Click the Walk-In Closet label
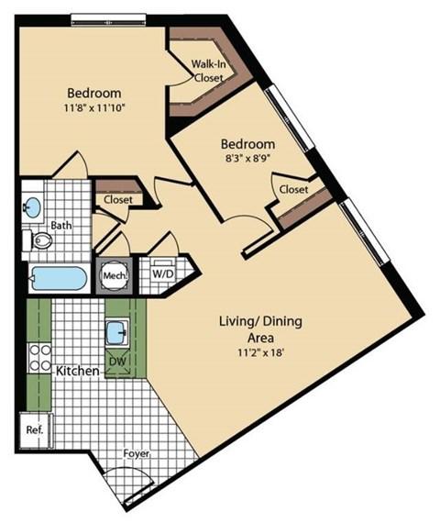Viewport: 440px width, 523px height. coord(208,72)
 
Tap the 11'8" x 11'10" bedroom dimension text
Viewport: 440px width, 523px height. coord(94,109)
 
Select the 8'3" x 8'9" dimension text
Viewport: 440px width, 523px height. coord(247,160)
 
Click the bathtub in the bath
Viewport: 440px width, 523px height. coord(58,278)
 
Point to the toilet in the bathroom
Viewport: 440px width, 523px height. coord(39,241)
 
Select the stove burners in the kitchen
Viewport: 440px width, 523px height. coord(39,356)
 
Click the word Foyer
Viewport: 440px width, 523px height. coord(137,453)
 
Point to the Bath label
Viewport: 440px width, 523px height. coord(61,224)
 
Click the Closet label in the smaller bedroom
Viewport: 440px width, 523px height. coord(293,190)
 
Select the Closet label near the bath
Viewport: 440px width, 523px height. coord(117,199)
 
